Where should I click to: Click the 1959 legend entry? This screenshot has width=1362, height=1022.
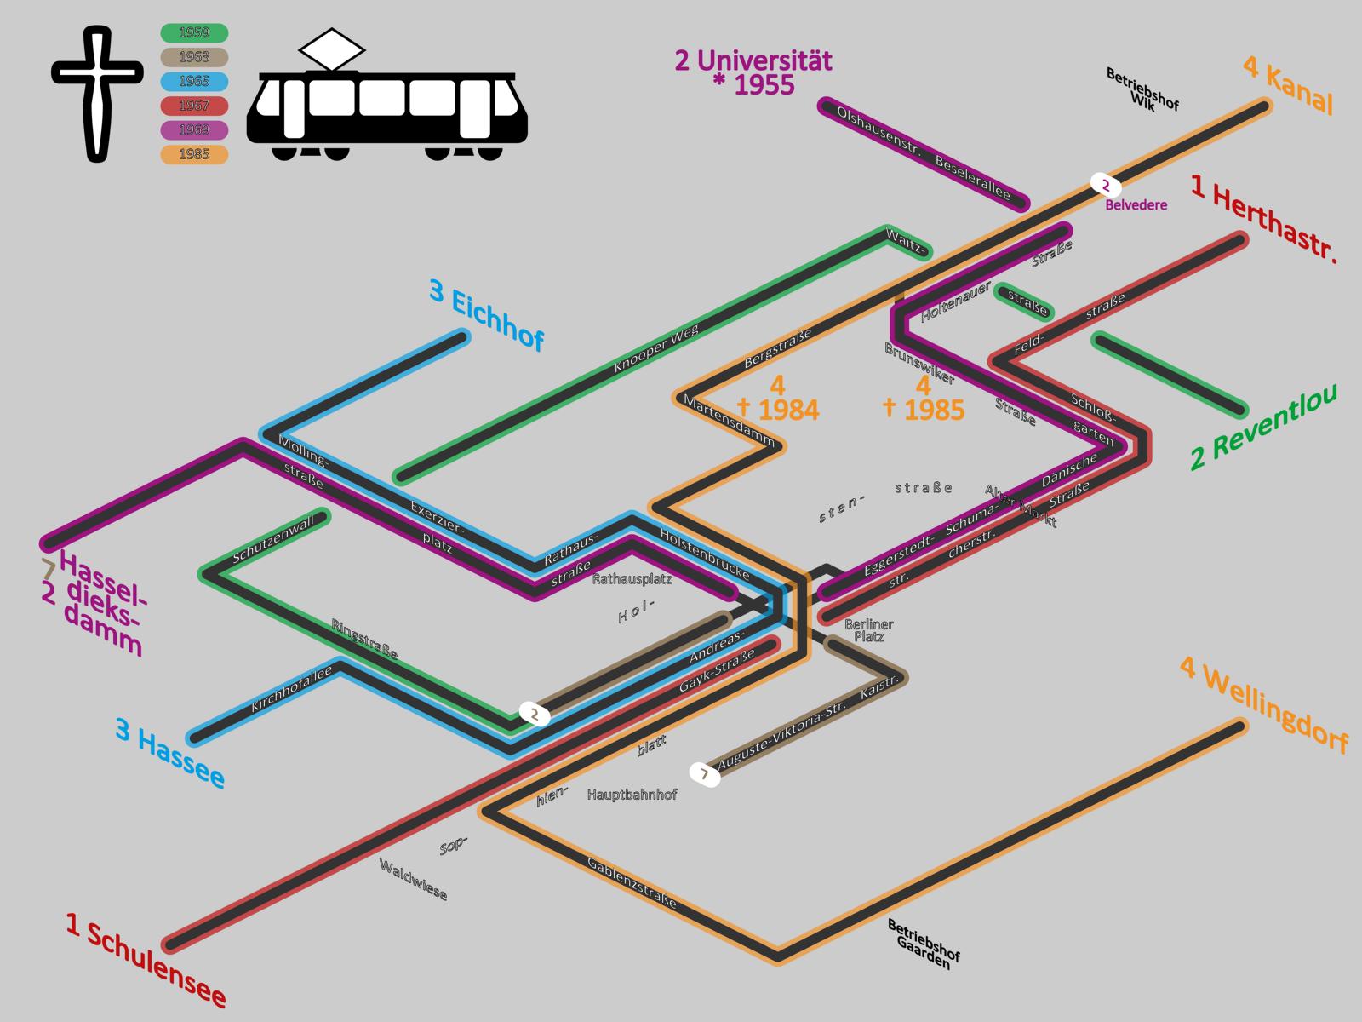194,33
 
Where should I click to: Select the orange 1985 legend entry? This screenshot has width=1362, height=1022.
194,154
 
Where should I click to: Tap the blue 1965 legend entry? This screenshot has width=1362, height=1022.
194,82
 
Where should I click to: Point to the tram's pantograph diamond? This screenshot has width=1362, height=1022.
328,49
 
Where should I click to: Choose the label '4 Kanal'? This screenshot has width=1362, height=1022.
1288,84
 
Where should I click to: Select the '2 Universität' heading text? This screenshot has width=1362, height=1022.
753,61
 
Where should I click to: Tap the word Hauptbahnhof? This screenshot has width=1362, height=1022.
632,795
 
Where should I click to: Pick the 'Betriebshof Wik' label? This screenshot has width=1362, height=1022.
1142,90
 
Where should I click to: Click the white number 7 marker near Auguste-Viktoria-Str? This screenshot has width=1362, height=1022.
704,775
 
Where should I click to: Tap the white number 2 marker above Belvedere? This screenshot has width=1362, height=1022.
1105,185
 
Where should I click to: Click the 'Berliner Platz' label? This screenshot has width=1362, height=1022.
868,630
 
